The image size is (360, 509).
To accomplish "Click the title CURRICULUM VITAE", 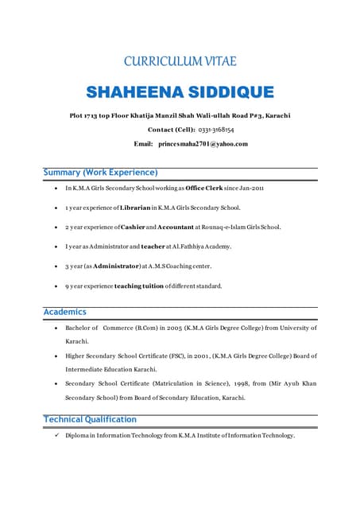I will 180,61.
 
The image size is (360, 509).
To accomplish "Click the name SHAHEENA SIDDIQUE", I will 180,91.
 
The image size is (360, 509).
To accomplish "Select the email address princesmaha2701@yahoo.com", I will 203,144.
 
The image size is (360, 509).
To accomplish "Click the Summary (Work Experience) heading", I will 100,173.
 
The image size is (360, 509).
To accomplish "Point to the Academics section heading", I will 64,312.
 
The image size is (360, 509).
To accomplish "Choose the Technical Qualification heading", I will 90,419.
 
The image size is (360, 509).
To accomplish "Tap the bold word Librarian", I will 138,208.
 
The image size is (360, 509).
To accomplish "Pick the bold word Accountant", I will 174,227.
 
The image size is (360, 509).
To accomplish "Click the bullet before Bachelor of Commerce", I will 54,328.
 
